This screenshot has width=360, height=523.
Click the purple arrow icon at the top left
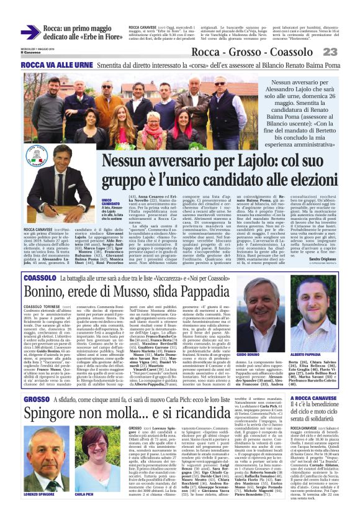coord(30,32)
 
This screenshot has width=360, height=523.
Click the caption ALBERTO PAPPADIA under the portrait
coord(308,336)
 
